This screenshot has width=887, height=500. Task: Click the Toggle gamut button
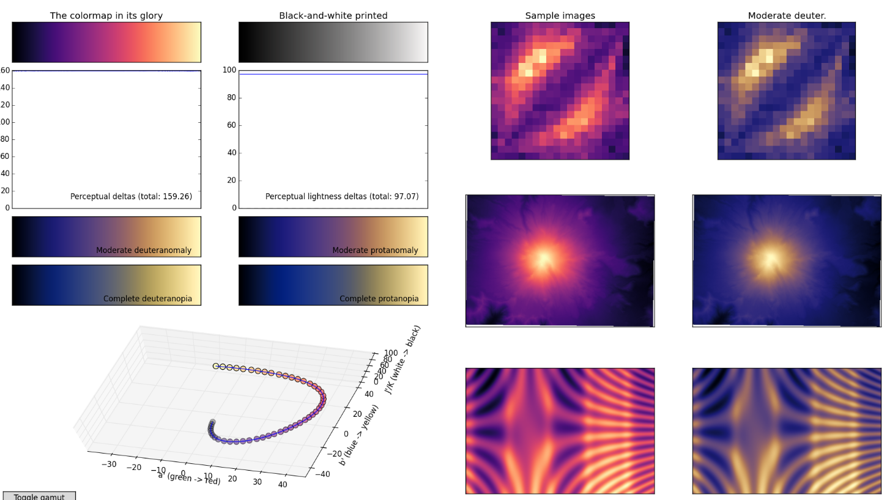point(39,496)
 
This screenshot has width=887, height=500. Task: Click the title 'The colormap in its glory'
point(106,16)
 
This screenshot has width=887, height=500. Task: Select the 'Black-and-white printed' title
point(333,16)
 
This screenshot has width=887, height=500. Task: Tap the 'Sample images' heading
point(560,16)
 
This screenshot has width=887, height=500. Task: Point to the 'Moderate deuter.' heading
point(787,16)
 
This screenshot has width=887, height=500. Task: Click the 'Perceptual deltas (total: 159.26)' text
point(131,197)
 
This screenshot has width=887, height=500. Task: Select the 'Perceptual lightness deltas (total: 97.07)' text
point(342,197)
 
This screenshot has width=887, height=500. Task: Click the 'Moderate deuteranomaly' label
point(144,251)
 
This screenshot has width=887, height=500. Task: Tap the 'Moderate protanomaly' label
point(375,251)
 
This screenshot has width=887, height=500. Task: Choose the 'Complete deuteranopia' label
point(147,299)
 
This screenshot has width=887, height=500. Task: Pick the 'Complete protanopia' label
point(379,299)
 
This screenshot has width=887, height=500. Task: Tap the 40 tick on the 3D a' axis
point(283,485)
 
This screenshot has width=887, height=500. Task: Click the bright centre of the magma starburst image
point(543,259)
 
